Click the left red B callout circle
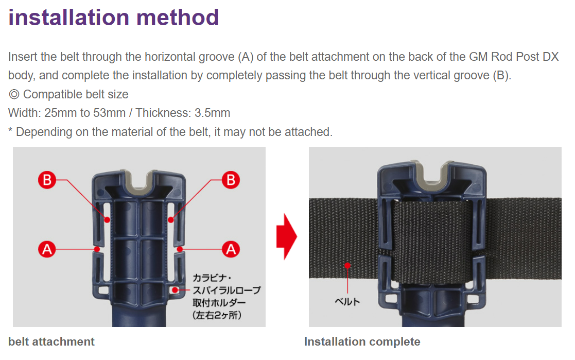[47, 180]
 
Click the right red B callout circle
[231, 180]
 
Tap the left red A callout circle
[47, 250]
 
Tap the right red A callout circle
[231, 250]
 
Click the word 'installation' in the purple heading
[69, 18]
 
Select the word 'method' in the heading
[178, 18]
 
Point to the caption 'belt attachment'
[51, 341]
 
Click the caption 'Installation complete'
[362, 341]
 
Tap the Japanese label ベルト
[347, 302]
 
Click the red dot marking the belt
[347, 265]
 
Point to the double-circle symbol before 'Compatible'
[14, 94]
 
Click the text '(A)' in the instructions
[246, 57]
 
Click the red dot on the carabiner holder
[176, 290]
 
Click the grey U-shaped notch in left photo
[138, 183]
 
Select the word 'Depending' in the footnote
[44, 132]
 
